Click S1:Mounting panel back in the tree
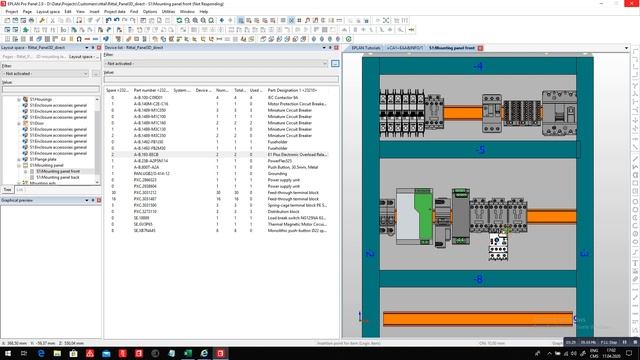(x=58, y=177)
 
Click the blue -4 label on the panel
(x=478, y=66)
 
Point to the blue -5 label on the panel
(x=478, y=150)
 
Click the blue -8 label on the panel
(x=478, y=280)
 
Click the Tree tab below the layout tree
(x=7, y=189)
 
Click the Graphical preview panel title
(x=19, y=200)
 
